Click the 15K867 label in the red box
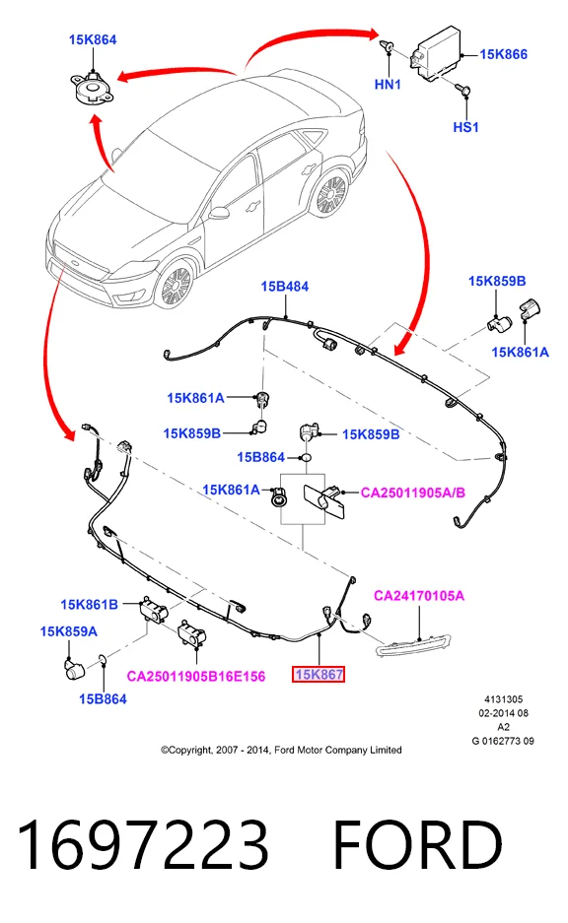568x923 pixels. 319,675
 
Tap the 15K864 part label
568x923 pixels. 93,39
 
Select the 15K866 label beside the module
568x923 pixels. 503,54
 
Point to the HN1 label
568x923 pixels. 388,84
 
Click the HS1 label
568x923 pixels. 465,127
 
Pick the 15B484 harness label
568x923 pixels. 285,287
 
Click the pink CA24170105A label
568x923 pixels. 419,596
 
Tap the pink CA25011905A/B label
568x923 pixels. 412,493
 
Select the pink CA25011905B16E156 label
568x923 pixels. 195,677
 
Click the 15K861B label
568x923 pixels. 89,605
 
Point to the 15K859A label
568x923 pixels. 68,631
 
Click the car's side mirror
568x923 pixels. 218,213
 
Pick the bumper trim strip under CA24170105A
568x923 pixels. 413,646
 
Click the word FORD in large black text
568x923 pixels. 418,845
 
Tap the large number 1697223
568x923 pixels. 143,845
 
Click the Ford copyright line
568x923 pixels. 281,750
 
